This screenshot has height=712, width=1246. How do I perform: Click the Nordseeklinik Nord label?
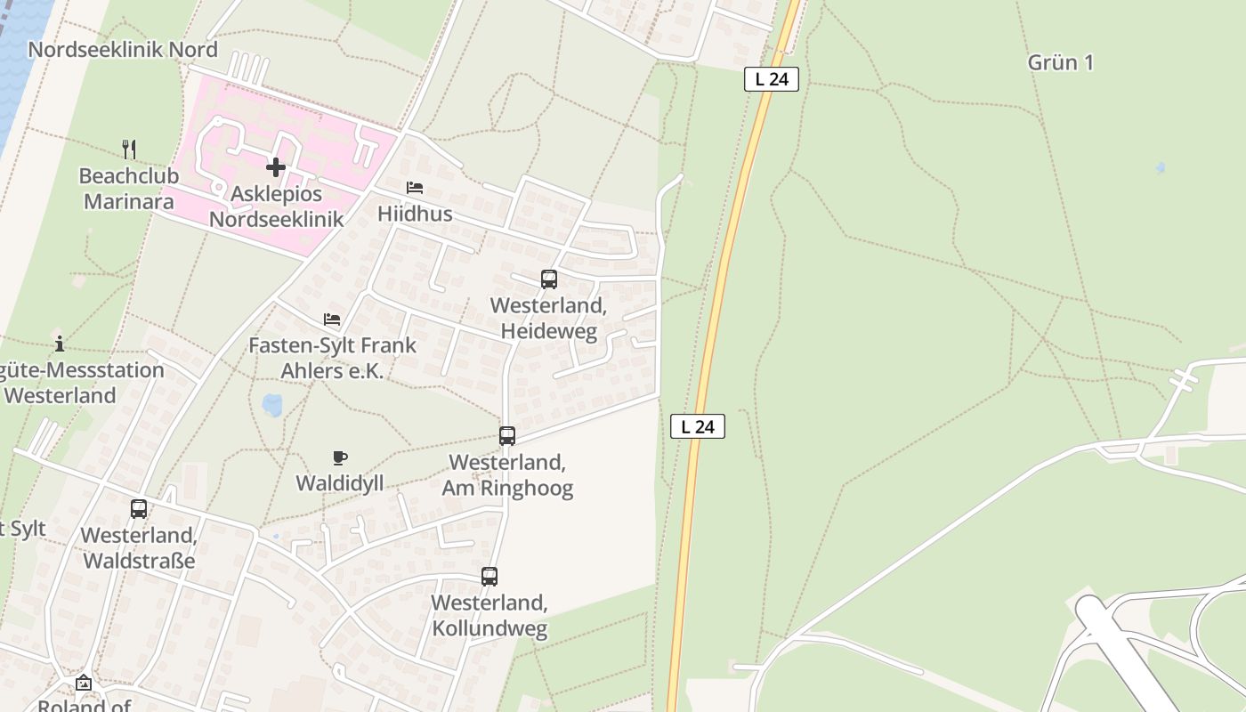coord(123,49)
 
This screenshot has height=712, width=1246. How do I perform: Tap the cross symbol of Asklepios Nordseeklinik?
coord(276,166)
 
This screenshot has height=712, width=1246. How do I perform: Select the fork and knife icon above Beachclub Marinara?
coord(130,149)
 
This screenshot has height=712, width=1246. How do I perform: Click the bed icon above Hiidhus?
coord(415,188)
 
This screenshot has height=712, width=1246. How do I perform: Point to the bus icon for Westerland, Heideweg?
coord(549,279)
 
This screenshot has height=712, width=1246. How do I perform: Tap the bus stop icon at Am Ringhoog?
coord(507,436)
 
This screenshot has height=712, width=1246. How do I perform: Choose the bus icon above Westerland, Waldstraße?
coord(139,509)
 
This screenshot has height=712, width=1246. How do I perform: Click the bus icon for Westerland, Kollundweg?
coord(489,577)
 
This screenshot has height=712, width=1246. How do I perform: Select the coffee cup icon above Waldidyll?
coord(339,457)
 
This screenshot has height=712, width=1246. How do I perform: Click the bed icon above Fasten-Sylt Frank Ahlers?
coord(332,319)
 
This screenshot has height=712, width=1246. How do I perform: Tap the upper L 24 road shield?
coord(772,79)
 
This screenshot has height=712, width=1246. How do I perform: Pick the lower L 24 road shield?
coord(698,426)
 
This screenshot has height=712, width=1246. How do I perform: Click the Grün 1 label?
coord(1060,62)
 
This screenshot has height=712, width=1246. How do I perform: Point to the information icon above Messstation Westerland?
coord(60,343)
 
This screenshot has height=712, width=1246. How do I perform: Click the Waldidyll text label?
coord(340,483)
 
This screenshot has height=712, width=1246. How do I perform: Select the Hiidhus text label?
coord(415,214)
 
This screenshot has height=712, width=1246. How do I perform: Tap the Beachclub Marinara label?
coord(129,188)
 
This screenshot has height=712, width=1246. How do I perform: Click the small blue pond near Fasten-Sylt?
coord(272,405)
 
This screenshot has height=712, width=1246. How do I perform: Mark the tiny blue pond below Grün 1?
coord(1160,166)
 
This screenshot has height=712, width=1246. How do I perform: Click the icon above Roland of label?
coord(84,683)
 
